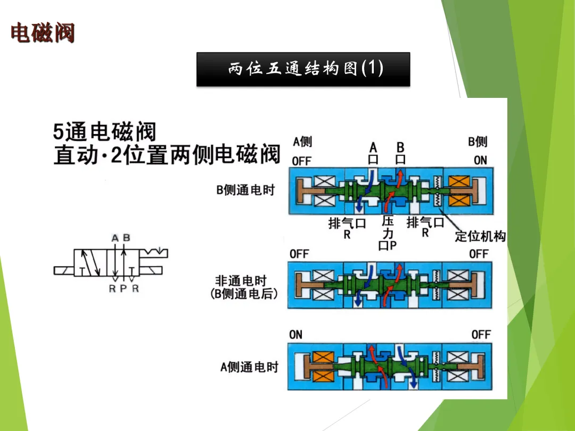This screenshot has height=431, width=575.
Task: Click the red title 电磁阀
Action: (x=43, y=33)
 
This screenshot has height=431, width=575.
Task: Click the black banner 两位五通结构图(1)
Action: (x=303, y=69)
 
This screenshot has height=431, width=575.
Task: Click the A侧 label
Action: (x=302, y=142)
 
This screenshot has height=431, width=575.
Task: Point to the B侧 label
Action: (x=477, y=142)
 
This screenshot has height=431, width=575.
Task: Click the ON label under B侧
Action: (x=480, y=160)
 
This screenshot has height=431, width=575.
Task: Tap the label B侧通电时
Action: (x=245, y=190)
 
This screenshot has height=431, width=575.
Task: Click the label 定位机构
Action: (x=480, y=236)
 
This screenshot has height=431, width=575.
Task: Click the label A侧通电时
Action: (x=249, y=367)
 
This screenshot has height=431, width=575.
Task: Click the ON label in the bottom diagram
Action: (x=295, y=335)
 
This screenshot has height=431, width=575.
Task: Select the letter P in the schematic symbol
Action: (x=124, y=288)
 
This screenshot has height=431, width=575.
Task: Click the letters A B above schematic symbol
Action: (x=121, y=238)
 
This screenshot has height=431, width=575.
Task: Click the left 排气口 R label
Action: (x=347, y=228)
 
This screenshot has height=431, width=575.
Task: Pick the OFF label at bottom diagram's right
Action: (x=481, y=335)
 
